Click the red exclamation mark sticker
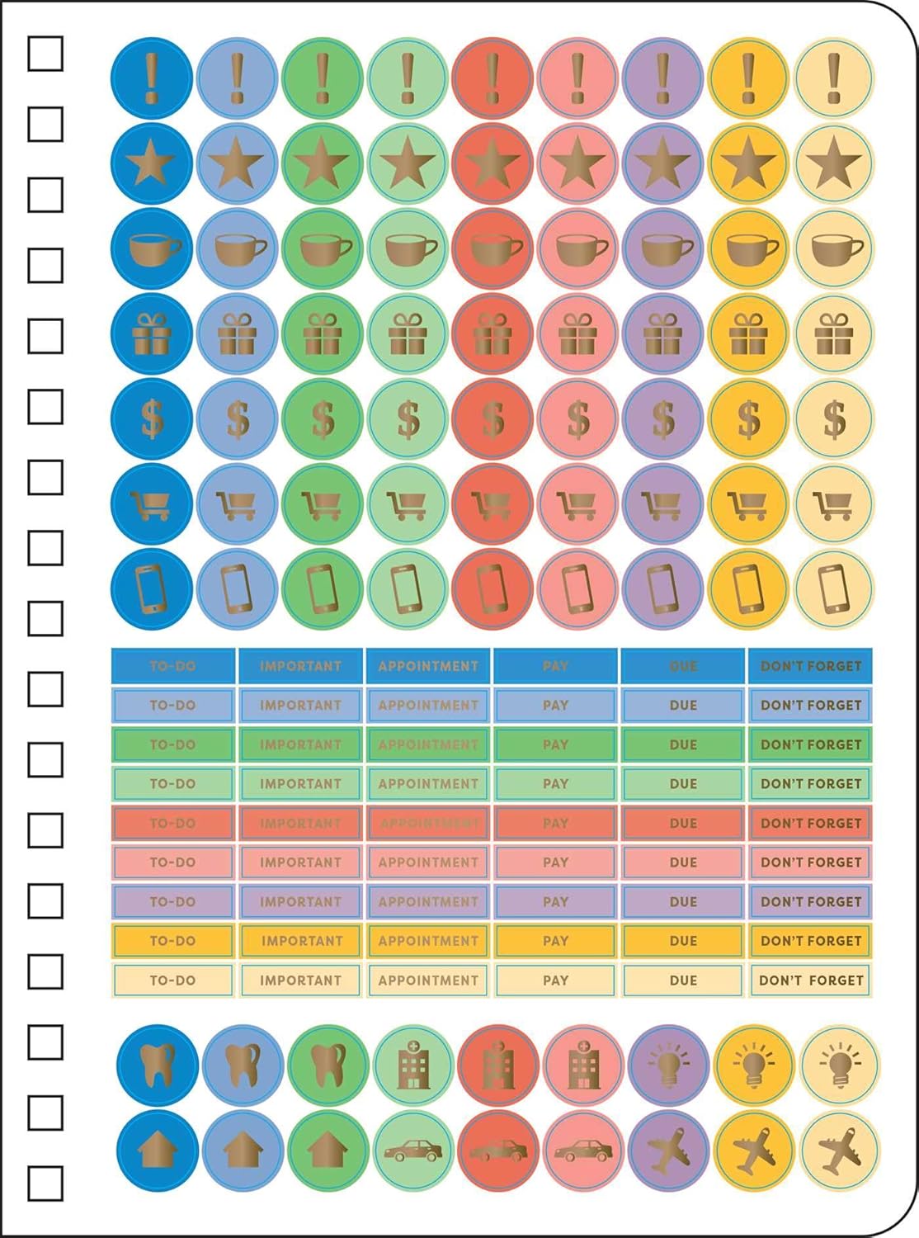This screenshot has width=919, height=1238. coord(492,78)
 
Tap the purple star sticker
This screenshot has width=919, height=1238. coord(662,163)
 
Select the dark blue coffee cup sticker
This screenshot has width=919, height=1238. coord(152,248)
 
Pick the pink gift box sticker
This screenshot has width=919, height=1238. coord(577,333)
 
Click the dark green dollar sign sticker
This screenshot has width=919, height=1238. coord(323,418)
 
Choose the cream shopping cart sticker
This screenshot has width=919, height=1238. coord(833,503)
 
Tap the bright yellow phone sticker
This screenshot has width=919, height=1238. coord(748,588)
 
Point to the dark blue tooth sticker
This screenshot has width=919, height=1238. coord(158,1065)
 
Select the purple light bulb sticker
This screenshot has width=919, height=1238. coord(668,1065)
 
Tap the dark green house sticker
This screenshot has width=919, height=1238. coord(328,1150)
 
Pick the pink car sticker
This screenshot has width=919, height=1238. coord(583,1150)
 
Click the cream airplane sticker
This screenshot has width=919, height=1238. coord(839,1150)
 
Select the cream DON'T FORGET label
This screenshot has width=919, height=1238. coord(811,980)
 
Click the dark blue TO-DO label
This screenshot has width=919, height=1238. coord(173,666)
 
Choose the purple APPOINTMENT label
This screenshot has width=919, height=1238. coord(428,901)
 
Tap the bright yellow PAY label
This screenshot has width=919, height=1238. coord(555,941)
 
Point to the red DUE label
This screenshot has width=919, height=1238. coord(683,823)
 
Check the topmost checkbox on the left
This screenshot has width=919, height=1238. coord(45,54)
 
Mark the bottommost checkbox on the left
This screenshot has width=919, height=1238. coord(45,1184)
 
